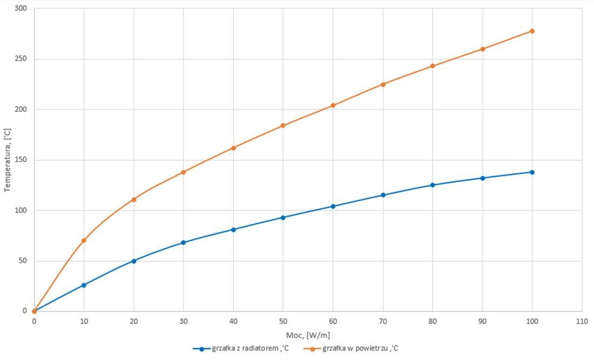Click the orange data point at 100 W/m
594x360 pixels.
point(532,31)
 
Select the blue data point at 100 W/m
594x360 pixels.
point(532,172)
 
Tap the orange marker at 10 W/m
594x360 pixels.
point(84,240)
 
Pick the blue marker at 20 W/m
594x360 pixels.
point(134,261)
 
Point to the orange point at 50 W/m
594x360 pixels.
point(283,125)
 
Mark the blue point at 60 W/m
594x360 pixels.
point(333,206)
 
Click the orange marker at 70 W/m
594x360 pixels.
point(383,84)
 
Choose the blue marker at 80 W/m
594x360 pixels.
point(432,185)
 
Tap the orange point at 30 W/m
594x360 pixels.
point(183,172)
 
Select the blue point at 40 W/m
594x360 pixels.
point(233,229)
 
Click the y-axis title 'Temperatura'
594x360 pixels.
point(8,160)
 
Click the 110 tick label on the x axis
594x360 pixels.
point(582,321)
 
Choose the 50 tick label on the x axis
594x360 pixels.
point(283,321)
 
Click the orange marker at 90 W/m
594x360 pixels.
point(482,49)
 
